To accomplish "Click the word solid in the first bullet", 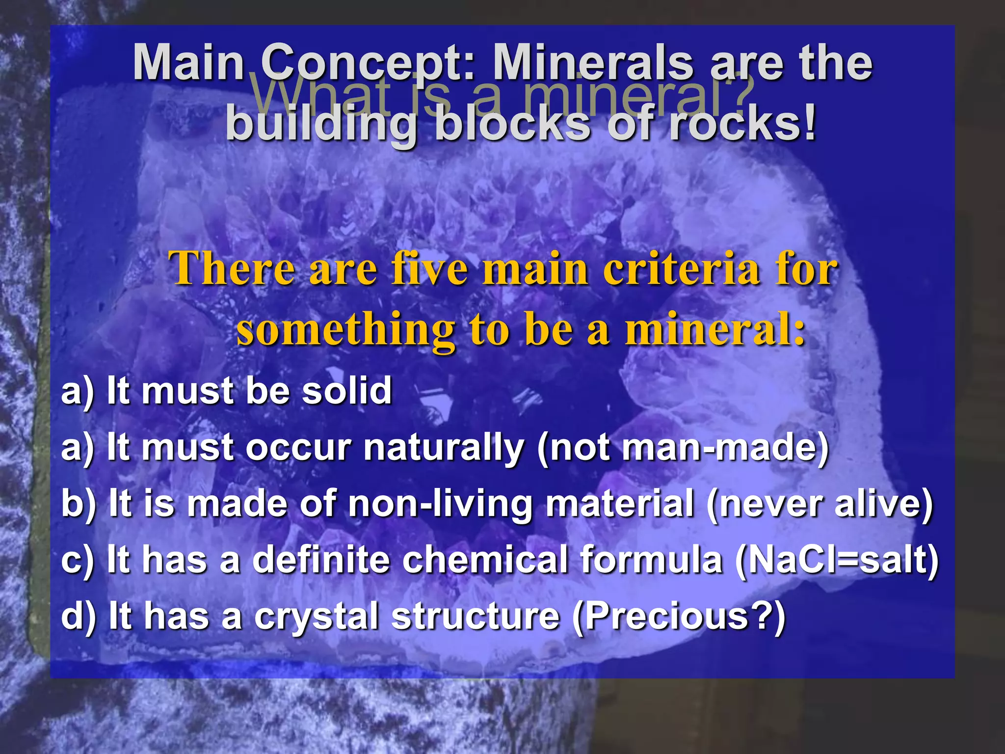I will tap(346, 391).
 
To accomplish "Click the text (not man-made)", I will tap(683, 448).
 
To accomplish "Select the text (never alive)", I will tap(820, 505).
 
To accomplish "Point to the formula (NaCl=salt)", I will tap(837, 560).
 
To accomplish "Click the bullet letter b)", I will tap(79, 505).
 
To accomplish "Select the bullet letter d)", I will tap(79, 617).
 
